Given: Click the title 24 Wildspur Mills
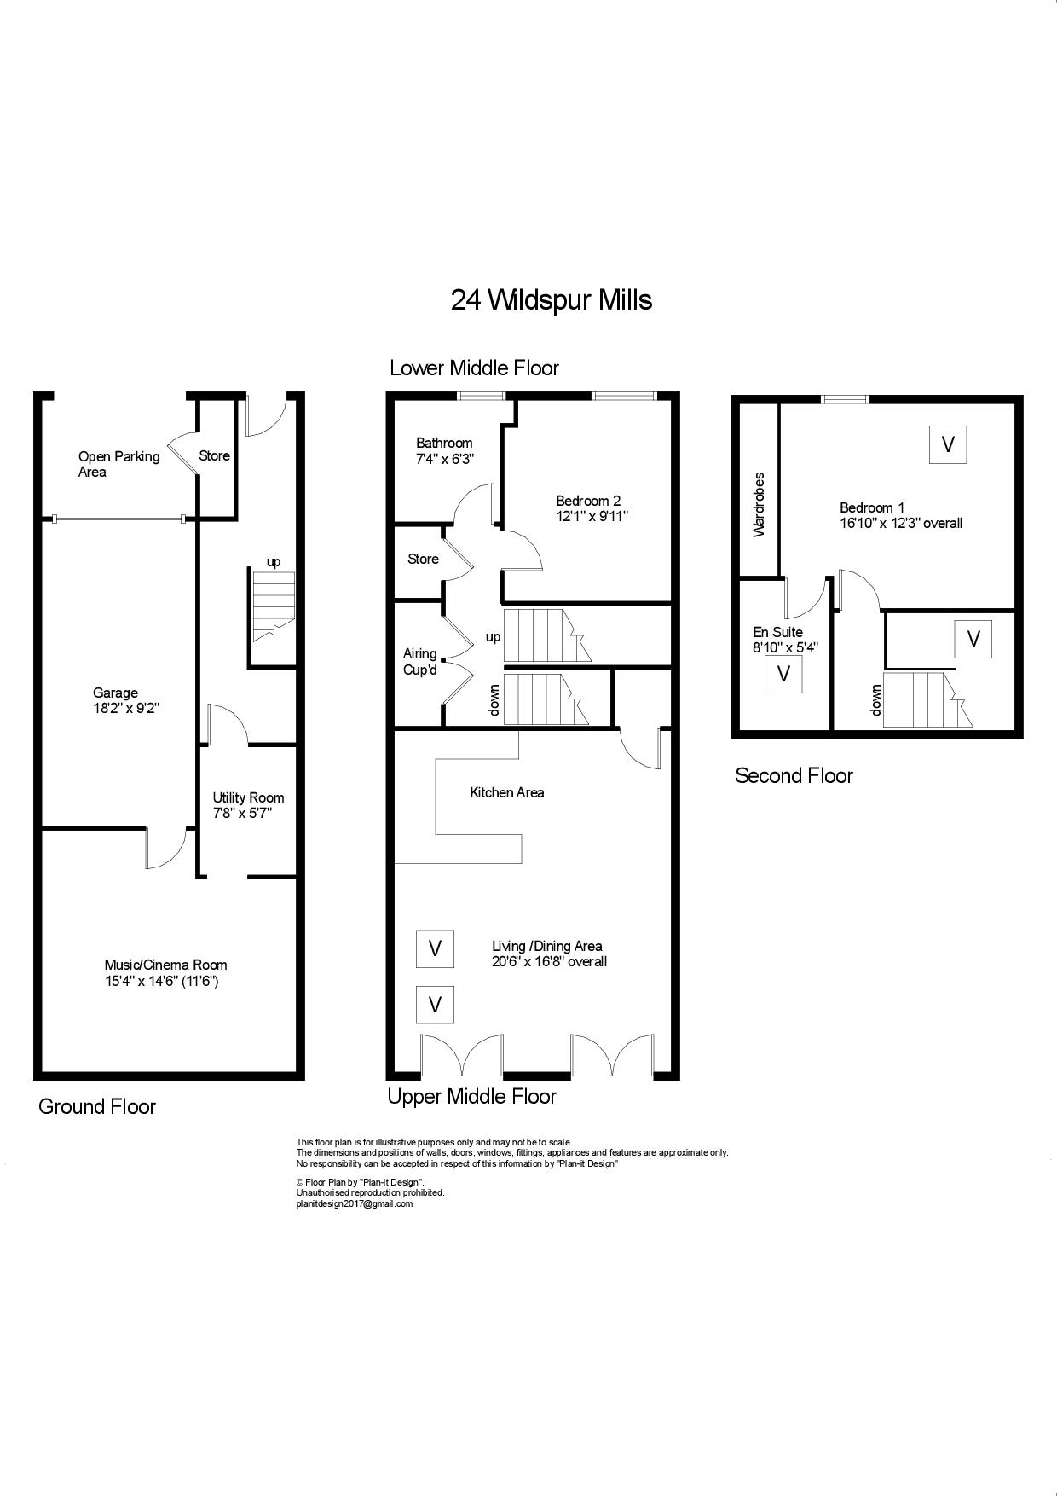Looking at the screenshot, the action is (552, 300).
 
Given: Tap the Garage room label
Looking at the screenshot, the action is (115, 693).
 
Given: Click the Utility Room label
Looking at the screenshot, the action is (248, 797).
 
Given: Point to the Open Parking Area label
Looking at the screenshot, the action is (118, 464).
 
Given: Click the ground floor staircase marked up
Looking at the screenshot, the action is (272, 606).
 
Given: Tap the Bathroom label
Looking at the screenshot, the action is (444, 443).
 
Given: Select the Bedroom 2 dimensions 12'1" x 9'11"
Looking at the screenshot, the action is (592, 516).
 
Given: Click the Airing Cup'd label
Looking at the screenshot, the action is (420, 661).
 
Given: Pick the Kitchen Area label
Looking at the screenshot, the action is (507, 792).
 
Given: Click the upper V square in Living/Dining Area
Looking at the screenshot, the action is (435, 948).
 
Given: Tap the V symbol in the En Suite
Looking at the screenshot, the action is (784, 673).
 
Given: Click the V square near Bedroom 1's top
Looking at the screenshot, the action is (947, 444).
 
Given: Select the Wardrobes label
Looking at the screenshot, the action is (759, 504).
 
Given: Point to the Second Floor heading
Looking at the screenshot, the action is (794, 775).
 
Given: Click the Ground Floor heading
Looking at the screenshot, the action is (97, 1106).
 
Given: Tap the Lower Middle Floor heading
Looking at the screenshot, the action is (474, 368).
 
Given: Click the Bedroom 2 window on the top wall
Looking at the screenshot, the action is (625, 396).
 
